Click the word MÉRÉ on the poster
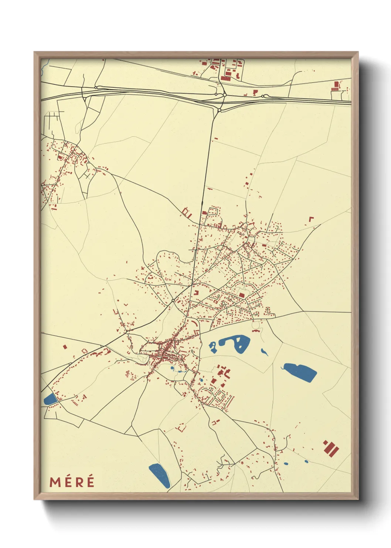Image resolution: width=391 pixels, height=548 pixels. click(72, 482)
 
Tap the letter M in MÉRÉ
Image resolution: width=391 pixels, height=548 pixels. click(55, 482)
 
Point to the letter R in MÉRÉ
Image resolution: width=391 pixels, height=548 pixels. click(78, 482)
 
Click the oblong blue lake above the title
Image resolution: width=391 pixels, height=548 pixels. click(159, 475)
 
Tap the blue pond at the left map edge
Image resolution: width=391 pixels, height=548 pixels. click(50, 399)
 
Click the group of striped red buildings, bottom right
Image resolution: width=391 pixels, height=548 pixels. click(331, 447)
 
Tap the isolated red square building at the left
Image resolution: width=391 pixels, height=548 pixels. click(65, 347)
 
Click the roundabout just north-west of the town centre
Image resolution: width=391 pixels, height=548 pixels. click(173, 300)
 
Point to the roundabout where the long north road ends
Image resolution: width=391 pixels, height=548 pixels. click(219, 110)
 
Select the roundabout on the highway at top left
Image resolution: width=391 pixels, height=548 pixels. click(96, 87)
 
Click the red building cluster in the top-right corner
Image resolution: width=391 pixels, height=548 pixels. click(336, 86)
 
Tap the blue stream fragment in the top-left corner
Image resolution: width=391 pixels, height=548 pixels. click(44, 66)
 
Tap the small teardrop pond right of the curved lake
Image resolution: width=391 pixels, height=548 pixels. click(264, 351)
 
